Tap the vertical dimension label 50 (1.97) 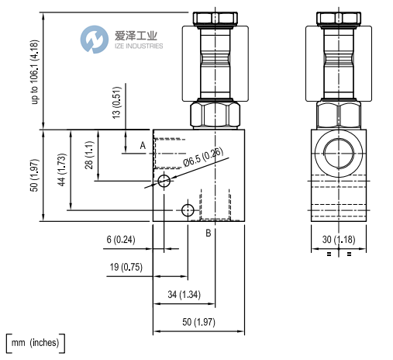34,176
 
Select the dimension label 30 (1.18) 338,240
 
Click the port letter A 142,144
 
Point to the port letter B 208,233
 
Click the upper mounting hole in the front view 164,182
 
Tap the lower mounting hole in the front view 186,210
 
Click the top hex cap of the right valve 339,17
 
